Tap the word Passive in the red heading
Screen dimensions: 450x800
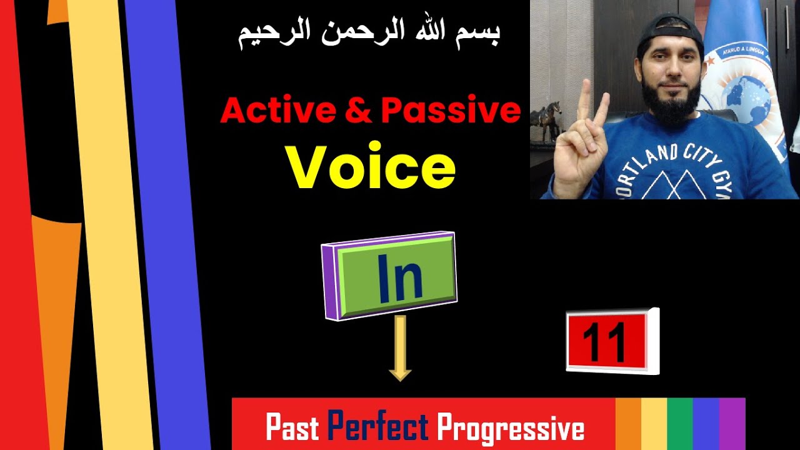(x=450, y=111)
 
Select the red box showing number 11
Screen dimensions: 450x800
(x=605, y=341)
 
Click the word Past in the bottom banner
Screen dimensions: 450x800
(x=292, y=428)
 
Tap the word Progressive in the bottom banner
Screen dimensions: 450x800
(x=511, y=429)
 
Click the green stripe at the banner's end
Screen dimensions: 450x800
(x=679, y=424)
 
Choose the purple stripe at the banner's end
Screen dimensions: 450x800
(x=732, y=424)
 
